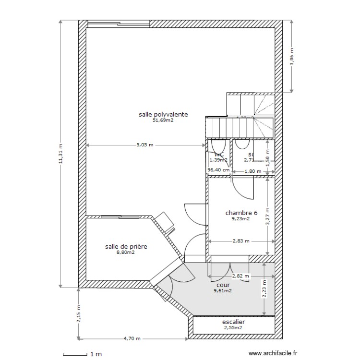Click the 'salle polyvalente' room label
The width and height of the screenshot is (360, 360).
(163, 114)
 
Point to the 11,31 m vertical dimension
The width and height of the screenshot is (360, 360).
(60, 154)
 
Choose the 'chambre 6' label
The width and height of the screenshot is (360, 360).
(241, 213)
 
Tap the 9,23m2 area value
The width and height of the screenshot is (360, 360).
(241, 219)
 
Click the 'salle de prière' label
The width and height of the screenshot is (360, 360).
(126, 247)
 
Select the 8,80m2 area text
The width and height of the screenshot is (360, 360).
(126, 253)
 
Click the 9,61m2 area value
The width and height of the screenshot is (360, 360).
(223, 290)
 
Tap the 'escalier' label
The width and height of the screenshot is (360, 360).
(233, 322)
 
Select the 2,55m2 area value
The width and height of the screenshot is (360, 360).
(233, 328)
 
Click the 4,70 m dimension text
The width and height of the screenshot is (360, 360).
(132, 338)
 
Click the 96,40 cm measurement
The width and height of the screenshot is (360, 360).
(218, 170)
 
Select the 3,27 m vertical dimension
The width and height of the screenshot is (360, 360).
(268, 216)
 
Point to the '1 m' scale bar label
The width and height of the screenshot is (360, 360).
(96, 355)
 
